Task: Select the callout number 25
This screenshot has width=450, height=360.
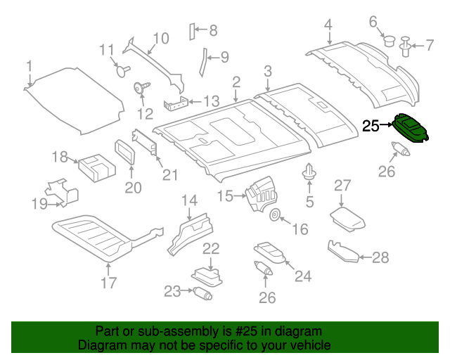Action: pos(371,127)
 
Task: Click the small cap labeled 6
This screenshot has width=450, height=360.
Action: pos(386,40)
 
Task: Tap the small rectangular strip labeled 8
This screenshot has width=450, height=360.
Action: pos(190,31)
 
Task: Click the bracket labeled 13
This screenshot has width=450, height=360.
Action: pos(175,105)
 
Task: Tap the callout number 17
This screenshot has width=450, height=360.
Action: pos(108,284)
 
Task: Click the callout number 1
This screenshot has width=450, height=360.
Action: pos(30,67)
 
